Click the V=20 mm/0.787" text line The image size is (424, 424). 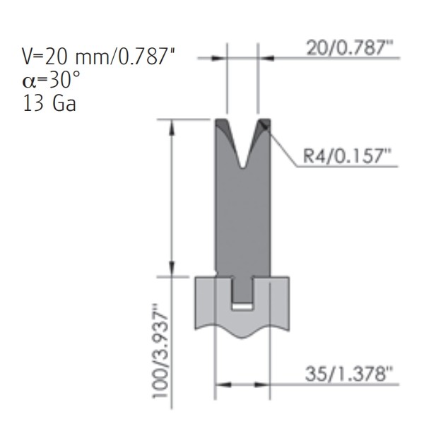click(98, 56)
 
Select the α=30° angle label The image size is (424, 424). click(51, 80)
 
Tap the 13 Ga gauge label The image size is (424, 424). click(49, 103)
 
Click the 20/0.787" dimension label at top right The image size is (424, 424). click(349, 48)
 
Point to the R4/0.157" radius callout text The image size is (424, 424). click(347, 156)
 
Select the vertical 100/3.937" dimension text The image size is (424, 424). click(160, 351)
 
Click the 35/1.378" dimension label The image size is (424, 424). click(349, 374)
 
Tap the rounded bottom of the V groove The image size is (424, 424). click(243, 165)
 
